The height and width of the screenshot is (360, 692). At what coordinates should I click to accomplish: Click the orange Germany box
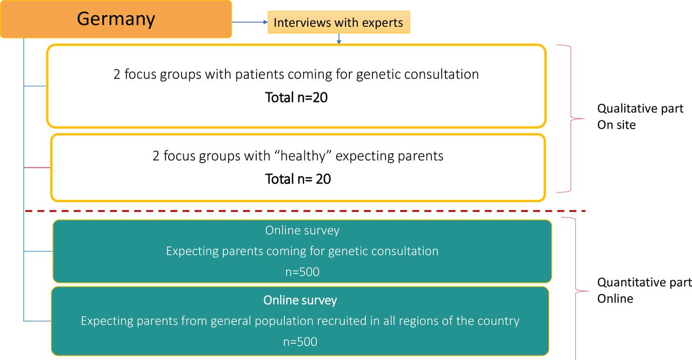[x=116, y=19]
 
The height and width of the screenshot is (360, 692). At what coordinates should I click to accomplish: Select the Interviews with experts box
[x=339, y=22]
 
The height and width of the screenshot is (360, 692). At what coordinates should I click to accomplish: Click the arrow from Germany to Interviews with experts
[x=250, y=22]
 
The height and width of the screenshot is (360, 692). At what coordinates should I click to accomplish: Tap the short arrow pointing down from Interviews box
[x=339, y=38]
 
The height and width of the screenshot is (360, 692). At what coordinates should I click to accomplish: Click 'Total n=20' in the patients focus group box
[x=296, y=97]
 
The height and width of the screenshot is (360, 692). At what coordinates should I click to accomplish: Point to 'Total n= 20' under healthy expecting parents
[x=298, y=179]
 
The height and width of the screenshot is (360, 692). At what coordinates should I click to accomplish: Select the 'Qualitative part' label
[x=640, y=109]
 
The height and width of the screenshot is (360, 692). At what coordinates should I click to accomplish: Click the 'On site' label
[x=616, y=125]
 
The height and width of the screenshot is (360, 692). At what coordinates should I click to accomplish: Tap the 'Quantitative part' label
[x=644, y=283]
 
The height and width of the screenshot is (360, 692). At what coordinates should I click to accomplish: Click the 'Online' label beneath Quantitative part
[x=615, y=299]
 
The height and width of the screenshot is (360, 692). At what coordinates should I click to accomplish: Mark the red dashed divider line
[x=305, y=211]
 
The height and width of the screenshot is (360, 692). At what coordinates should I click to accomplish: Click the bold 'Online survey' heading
[x=300, y=301]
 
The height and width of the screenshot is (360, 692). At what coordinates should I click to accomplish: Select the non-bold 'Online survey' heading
[x=302, y=230]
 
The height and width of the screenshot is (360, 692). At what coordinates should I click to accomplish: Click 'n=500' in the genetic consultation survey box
[x=302, y=272]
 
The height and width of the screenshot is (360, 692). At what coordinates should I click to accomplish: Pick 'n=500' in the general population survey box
[x=300, y=342]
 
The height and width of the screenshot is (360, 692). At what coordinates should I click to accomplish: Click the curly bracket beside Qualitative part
[x=571, y=118]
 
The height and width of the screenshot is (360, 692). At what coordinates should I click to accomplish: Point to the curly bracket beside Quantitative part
[x=576, y=291]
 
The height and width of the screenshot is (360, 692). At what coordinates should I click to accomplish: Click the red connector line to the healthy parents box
[x=37, y=168]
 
